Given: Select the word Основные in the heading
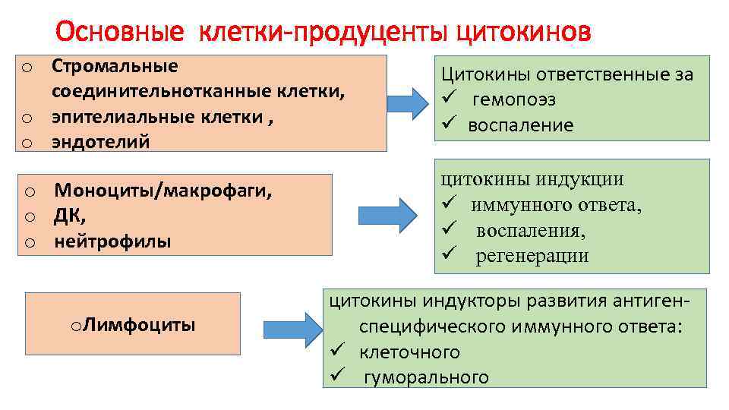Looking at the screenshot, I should click(120, 32).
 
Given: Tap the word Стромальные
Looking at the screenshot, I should click(115, 66).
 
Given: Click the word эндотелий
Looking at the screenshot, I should click(101, 141).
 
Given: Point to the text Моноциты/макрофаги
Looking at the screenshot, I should click(163, 190).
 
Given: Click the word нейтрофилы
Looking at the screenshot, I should click(112, 241).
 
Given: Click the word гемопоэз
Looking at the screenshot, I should click(513, 100).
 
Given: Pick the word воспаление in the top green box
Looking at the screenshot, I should click(520, 125).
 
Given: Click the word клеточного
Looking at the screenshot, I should click(409, 352).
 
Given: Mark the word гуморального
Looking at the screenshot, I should click(426, 377).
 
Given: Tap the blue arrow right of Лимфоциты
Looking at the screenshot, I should click(293, 328).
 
